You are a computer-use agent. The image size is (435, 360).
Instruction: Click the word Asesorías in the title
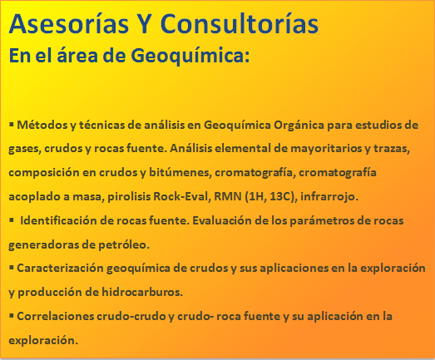(68, 23)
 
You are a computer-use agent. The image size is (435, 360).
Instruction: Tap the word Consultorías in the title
(240, 23)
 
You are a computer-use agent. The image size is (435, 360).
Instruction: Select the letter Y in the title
(144, 24)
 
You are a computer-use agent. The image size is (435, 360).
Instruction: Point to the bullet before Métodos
(12, 124)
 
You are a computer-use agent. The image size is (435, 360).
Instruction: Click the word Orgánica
(299, 126)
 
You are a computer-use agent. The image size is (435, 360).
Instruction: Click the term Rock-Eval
(182, 196)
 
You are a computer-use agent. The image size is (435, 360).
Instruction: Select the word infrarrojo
(329, 197)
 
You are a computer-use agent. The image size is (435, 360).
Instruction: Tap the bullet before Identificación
(12, 220)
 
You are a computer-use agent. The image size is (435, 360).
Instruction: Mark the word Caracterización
(60, 269)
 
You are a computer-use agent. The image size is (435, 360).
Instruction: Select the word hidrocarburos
(142, 292)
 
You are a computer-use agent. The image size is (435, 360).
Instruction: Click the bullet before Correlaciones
(12, 315)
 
